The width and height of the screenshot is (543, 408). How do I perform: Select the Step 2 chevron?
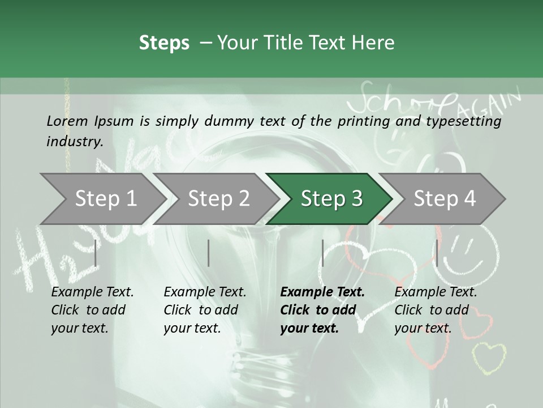click(x=218, y=198)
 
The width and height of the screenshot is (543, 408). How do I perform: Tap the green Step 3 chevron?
click(x=331, y=198)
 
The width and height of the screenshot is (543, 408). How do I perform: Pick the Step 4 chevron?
click(x=444, y=198)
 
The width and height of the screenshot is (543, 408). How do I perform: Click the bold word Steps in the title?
click(x=164, y=42)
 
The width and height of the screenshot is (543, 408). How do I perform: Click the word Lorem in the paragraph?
click(x=67, y=121)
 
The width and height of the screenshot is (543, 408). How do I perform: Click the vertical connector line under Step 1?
click(x=96, y=253)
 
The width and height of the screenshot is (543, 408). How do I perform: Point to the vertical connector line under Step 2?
click(x=209, y=253)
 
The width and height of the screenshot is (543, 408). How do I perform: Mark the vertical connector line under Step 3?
click(x=322, y=253)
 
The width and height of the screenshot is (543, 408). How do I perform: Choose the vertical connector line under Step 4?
click(x=437, y=253)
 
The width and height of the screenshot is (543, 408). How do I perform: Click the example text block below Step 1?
click(x=92, y=310)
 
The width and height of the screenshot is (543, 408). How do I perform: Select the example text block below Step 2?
click(x=204, y=310)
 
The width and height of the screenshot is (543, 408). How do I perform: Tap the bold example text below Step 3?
click(x=321, y=310)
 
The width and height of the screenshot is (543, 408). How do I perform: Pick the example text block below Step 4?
click(x=435, y=310)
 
